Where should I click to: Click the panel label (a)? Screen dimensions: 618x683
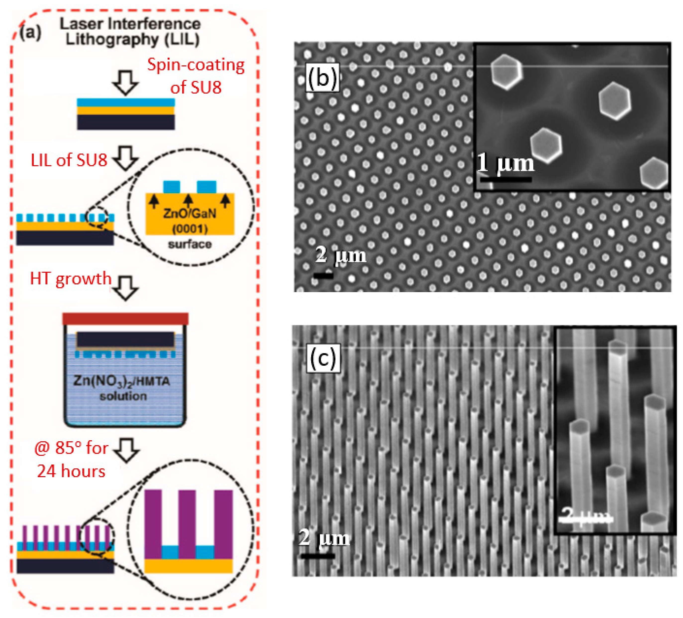31,33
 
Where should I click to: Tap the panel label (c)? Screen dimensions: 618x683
323,358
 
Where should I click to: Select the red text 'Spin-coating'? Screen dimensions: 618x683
196,65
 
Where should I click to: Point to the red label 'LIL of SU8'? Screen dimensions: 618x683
69,160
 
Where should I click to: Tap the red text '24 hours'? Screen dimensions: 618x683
71,471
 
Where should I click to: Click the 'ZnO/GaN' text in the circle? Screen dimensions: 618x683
190,213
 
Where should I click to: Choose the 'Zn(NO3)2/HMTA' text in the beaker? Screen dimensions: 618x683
122,381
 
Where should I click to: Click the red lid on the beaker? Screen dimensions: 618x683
125,318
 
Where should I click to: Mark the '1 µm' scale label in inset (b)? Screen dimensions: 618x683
505,163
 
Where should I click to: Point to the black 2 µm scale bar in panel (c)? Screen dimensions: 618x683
317,556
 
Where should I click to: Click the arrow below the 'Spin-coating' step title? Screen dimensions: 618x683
125,82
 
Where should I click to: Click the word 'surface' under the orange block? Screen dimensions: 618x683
190,244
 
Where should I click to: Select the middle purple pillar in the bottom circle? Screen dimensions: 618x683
187,523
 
